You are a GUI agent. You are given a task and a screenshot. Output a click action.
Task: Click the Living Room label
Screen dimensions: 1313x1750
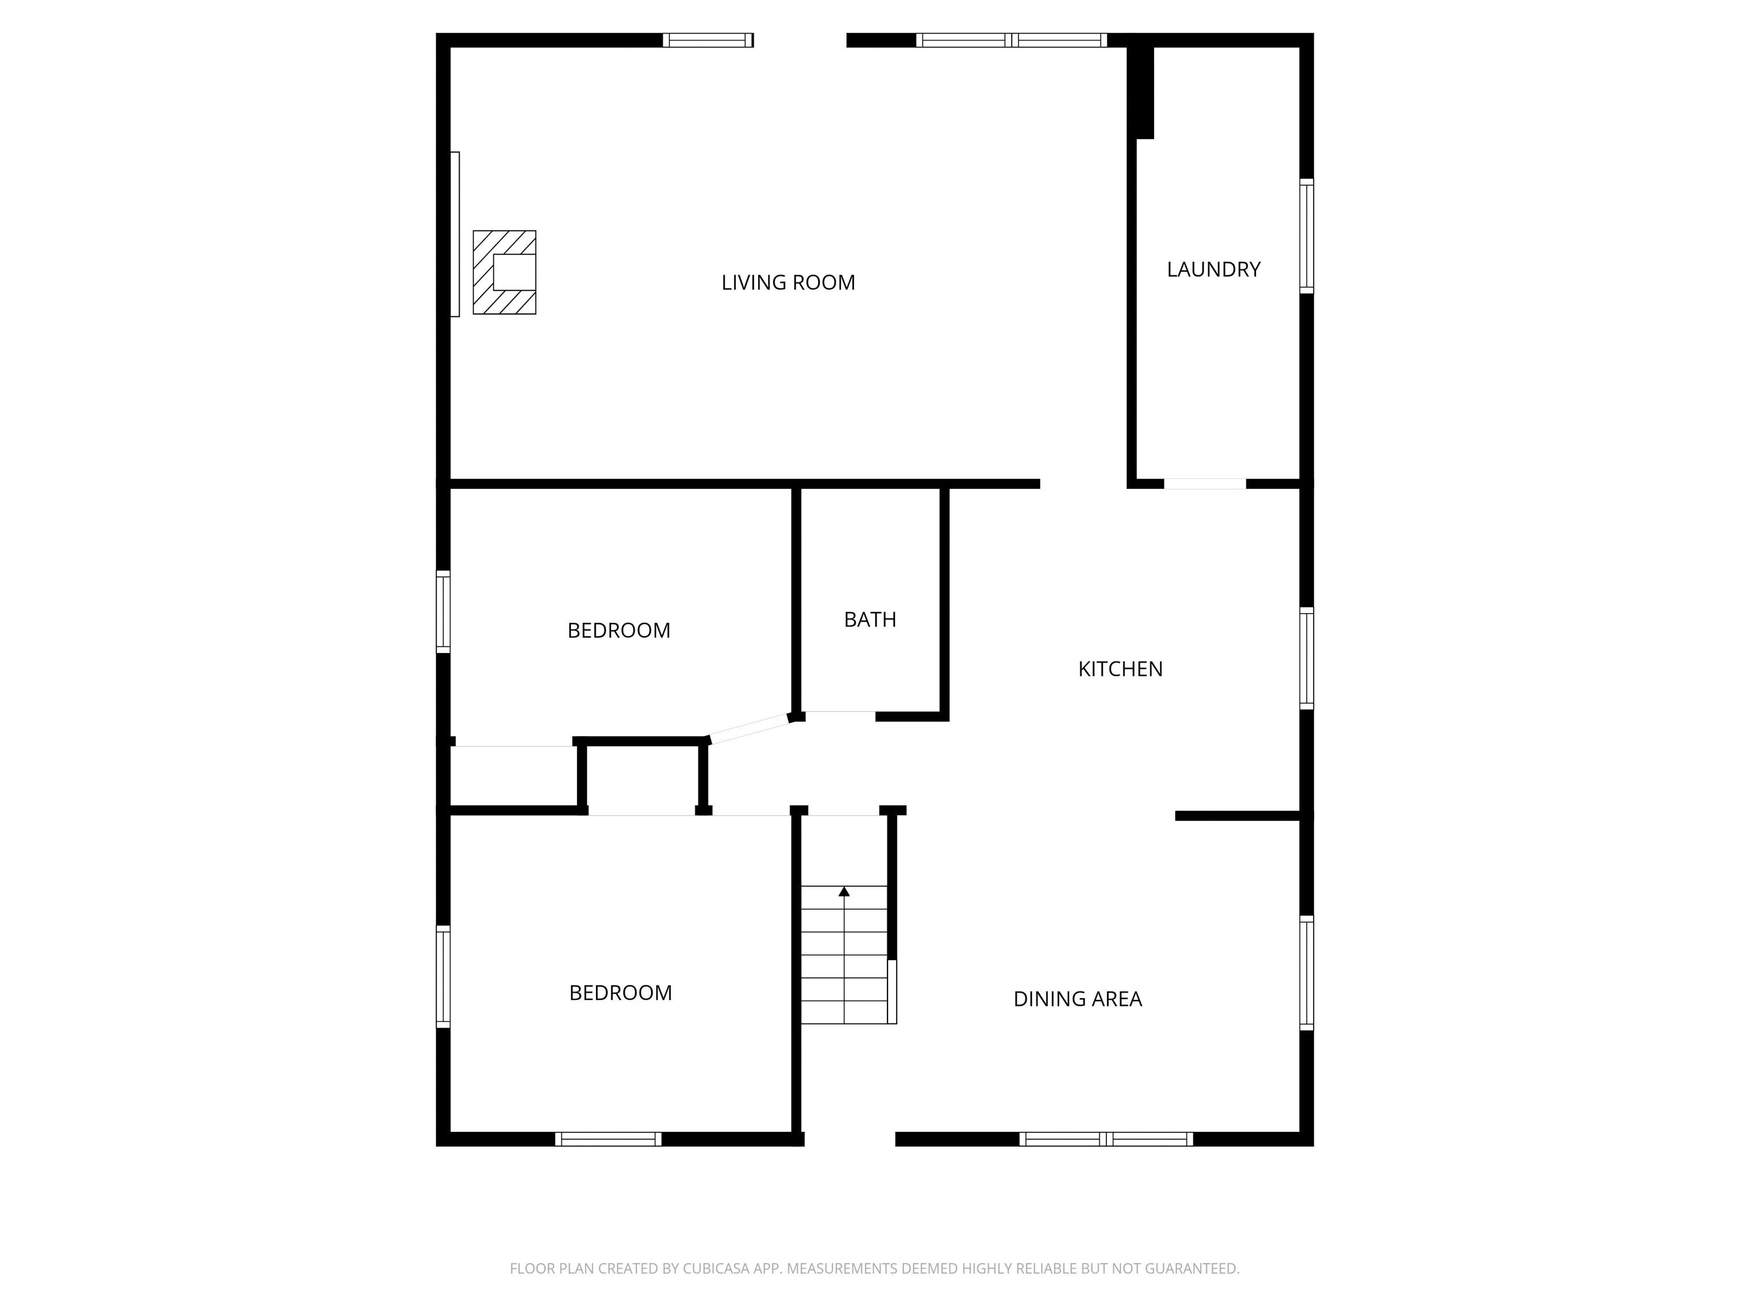(x=788, y=283)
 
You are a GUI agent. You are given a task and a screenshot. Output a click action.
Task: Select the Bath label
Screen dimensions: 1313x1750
(x=869, y=619)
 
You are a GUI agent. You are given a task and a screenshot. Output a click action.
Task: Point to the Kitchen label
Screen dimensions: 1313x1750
(x=1119, y=669)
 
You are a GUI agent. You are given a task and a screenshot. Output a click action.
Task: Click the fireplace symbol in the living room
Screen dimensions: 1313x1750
(x=505, y=272)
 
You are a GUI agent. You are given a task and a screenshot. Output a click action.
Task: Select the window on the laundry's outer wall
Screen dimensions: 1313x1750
(x=1306, y=236)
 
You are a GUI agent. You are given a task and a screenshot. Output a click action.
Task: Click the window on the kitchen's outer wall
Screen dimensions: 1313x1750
(x=1306, y=658)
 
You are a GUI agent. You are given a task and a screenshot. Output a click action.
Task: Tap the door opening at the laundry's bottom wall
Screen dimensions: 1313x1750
(x=1204, y=484)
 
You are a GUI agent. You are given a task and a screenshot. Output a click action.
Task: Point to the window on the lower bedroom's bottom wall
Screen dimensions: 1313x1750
(x=608, y=1139)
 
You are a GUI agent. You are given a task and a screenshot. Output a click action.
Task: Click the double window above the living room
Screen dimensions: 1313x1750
(x=1011, y=40)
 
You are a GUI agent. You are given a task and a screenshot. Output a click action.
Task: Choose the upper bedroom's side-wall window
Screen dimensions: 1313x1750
(x=443, y=612)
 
